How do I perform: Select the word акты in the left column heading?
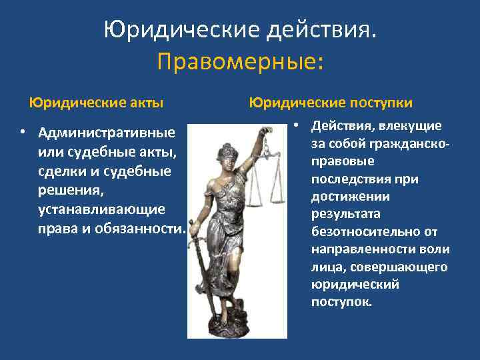pos(146,103)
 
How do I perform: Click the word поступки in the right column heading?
pos(379,103)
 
